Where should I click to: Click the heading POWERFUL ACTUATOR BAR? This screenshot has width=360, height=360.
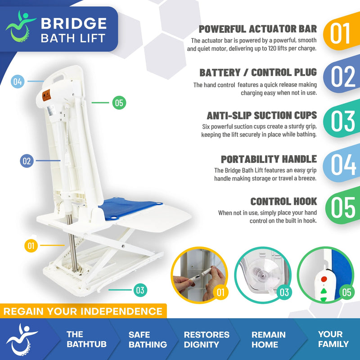(x=258, y=30)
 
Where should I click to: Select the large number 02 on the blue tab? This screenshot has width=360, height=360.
(x=343, y=76)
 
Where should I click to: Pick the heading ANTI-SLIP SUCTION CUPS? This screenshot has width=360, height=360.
(x=261, y=115)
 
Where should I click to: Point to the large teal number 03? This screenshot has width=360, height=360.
(x=343, y=120)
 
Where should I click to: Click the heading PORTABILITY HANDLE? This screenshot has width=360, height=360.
(x=269, y=159)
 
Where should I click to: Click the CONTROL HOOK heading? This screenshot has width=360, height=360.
(x=283, y=201)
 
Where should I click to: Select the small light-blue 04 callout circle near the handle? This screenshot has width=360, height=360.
(x=18, y=82)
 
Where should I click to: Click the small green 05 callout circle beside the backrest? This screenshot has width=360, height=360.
(x=119, y=103)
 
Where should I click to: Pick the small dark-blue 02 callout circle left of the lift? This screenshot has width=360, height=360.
(x=27, y=161)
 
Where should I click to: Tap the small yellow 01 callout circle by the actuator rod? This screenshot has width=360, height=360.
(x=31, y=246)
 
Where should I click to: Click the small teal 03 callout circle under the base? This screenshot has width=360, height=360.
(x=140, y=290)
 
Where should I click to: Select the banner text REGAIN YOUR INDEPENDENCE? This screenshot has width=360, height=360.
(x=83, y=311)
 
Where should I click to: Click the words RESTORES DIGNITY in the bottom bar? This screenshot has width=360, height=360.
(x=207, y=339)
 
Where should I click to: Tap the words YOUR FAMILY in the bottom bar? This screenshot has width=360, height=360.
(x=333, y=339)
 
